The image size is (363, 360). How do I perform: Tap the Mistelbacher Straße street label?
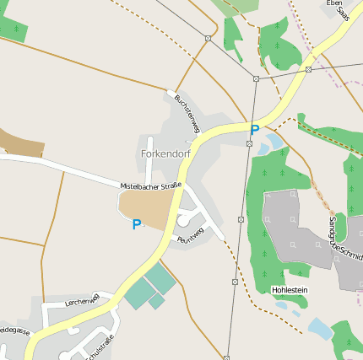[x=151, y=185]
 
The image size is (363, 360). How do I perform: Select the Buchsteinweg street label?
[x=186, y=113]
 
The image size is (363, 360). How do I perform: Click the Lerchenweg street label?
[x=83, y=300]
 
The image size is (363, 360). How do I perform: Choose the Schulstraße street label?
[x=99, y=347]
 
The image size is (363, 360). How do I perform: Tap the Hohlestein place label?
[x=290, y=290]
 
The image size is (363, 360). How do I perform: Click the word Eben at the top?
[x=334, y=3]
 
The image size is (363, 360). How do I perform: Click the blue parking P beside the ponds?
[x=254, y=130]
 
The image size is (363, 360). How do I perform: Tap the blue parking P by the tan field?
[x=137, y=224]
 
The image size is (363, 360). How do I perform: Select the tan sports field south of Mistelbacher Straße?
[x=148, y=208]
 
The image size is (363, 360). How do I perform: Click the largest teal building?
[x=160, y=279]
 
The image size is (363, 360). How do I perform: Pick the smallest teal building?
[x=156, y=301]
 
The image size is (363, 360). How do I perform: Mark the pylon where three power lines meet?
[x=256, y=78]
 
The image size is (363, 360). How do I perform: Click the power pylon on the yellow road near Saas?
[x=309, y=69]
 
